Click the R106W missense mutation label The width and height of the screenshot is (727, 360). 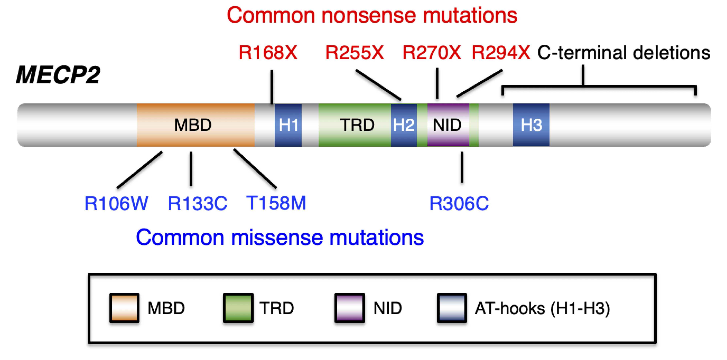pyautogui.click(x=116, y=203)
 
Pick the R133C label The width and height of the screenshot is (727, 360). pyautogui.click(x=197, y=203)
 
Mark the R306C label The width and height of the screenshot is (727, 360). pyautogui.click(x=459, y=203)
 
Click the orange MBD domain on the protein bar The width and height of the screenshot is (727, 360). pyautogui.click(x=195, y=125)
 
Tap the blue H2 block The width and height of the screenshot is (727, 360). pyautogui.click(x=404, y=125)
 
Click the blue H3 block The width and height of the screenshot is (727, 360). pyautogui.click(x=531, y=125)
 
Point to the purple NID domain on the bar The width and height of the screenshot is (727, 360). pyautogui.click(x=448, y=125)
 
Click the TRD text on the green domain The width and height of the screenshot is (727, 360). pyautogui.click(x=357, y=125)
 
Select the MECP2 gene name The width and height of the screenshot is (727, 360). pyautogui.click(x=58, y=75)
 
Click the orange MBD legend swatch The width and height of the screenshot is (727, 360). pyautogui.click(x=124, y=308)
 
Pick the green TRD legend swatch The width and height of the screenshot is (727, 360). pyautogui.click(x=238, y=308)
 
